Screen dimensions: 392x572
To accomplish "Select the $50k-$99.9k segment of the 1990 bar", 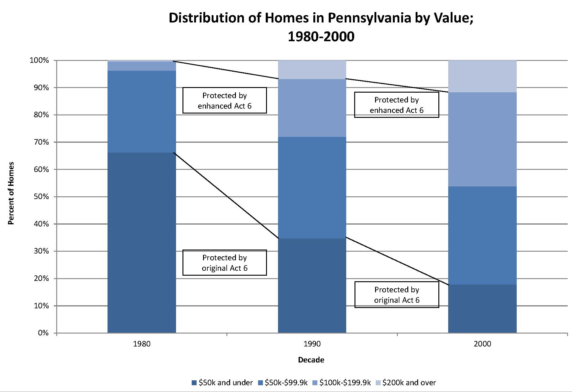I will pyautogui.click(x=312, y=187).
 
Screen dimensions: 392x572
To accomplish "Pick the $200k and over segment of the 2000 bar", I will pyautogui.click(x=482, y=76).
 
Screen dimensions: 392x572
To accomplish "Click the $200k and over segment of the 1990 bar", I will pyautogui.click(x=312, y=70).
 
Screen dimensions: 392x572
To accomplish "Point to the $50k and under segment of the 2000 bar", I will pyautogui.click(x=482, y=309).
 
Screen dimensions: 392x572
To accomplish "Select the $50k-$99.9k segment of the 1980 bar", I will pyautogui.click(x=142, y=111).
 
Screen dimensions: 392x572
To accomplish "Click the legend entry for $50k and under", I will pyautogui.click(x=222, y=382).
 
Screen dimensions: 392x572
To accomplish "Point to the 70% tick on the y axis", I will pyautogui.click(x=41, y=142).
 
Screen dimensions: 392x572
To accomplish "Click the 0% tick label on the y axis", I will pyautogui.click(x=43, y=333).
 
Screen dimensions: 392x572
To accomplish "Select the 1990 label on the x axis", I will pyautogui.click(x=312, y=344).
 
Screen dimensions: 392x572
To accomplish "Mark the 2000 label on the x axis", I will pyautogui.click(x=482, y=344).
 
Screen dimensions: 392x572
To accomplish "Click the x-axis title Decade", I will pyautogui.click(x=311, y=360).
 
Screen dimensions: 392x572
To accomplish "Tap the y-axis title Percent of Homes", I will pyautogui.click(x=11, y=193).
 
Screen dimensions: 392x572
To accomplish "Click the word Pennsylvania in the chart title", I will pyautogui.click(x=369, y=18).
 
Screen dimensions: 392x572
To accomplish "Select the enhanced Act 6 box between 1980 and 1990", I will pyautogui.click(x=225, y=100).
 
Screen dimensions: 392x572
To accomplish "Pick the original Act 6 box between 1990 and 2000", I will pyautogui.click(x=397, y=294).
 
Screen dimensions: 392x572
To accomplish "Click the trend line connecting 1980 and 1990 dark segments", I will pyautogui.click(x=226, y=195).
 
